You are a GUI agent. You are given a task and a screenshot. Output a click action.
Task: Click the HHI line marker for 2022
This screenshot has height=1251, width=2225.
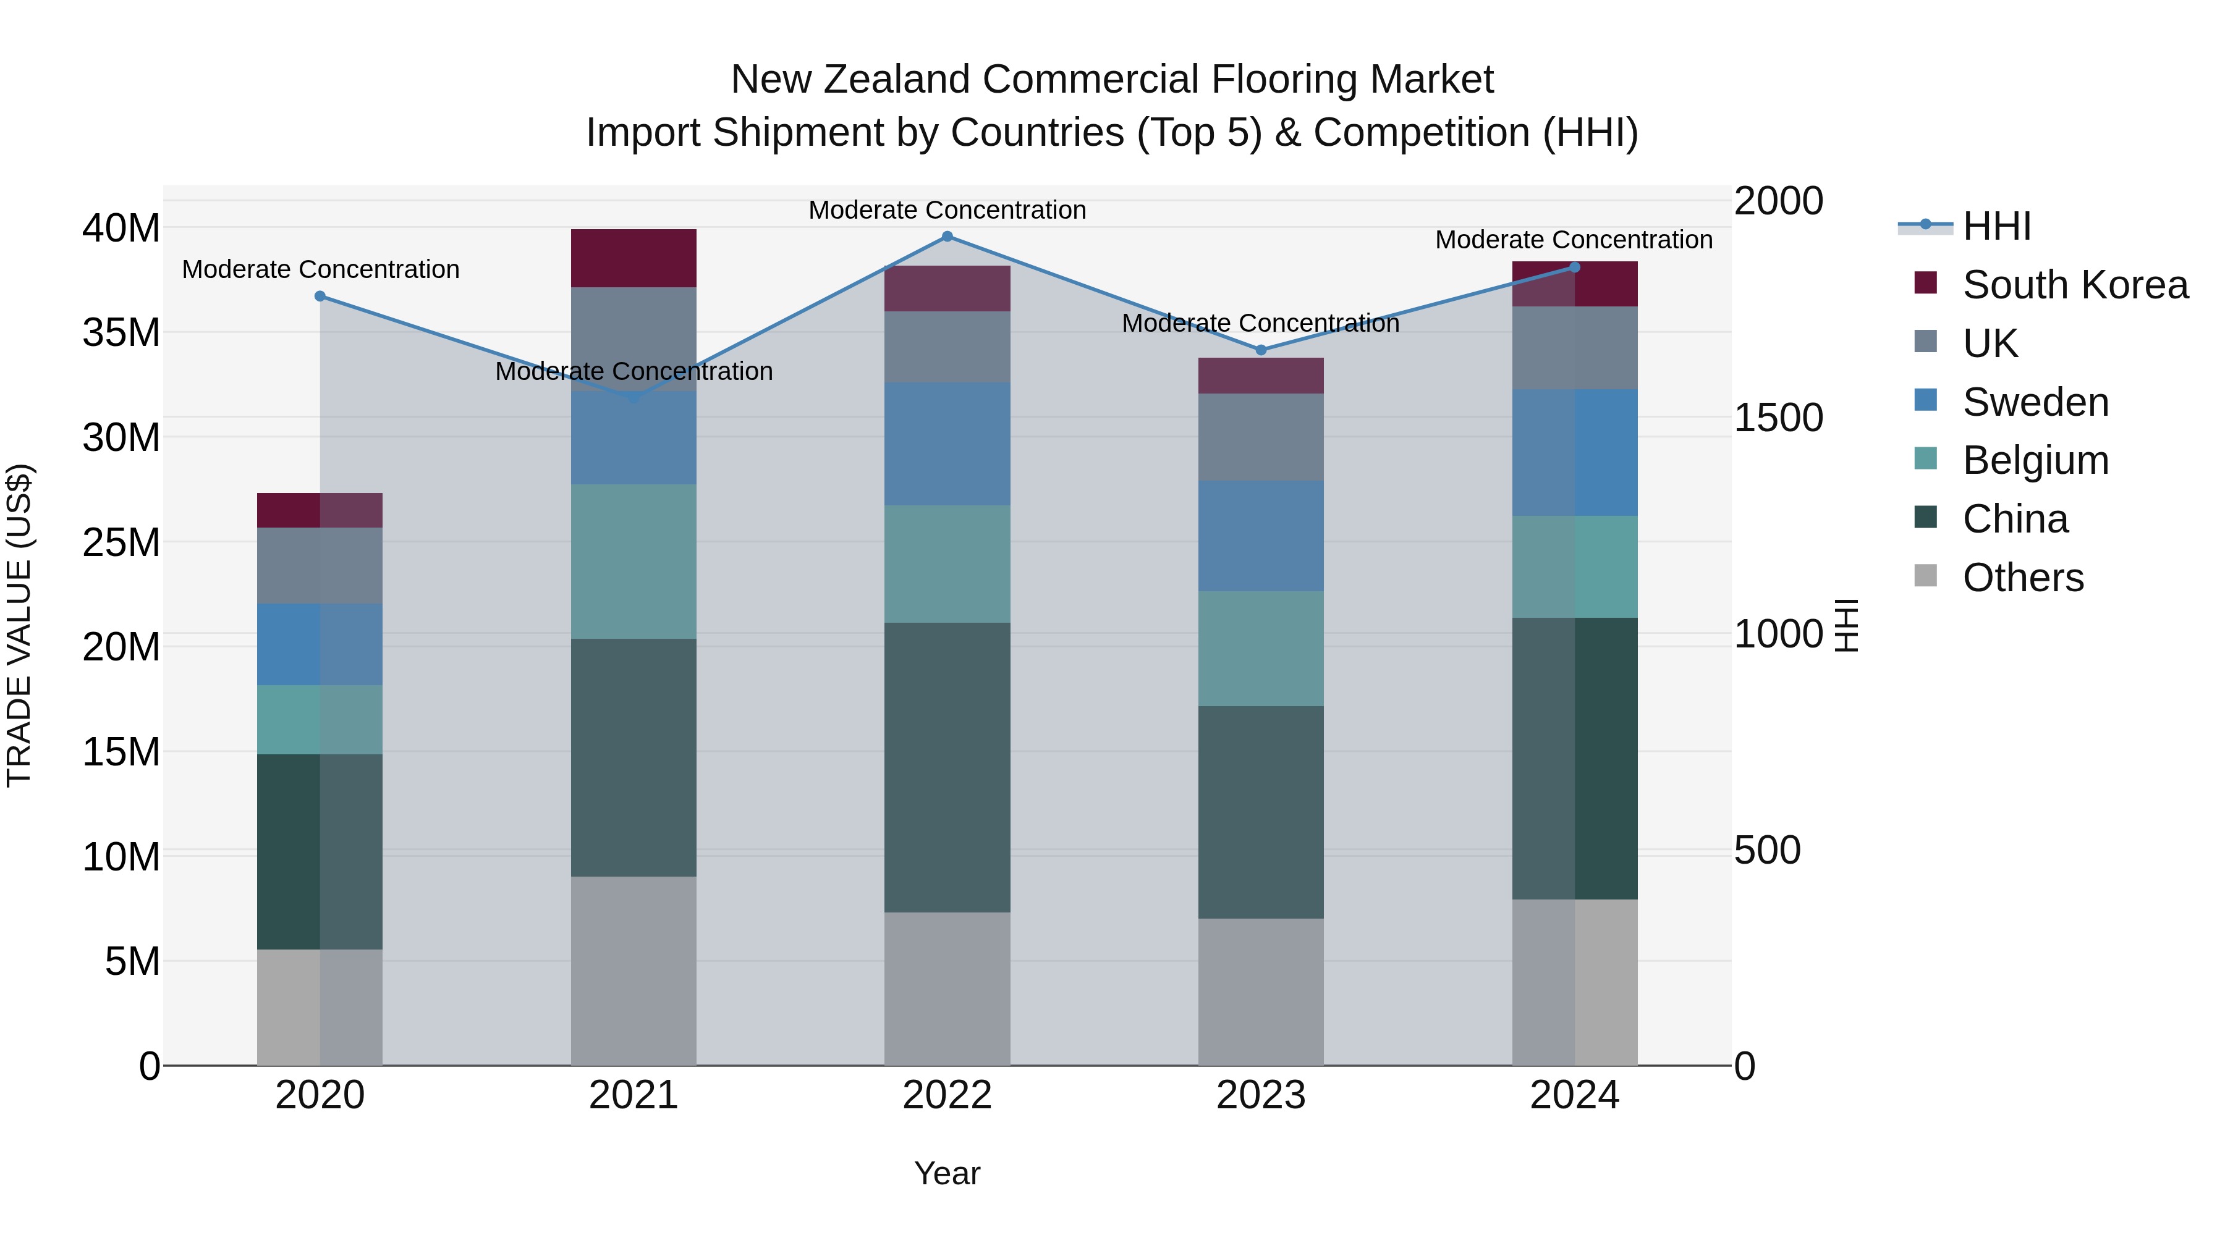click(x=947, y=237)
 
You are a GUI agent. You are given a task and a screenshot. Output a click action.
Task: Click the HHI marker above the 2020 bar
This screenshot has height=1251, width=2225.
click(x=320, y=296)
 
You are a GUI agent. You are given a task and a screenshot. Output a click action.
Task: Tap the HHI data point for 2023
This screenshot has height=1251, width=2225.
click(x=1260, y=350)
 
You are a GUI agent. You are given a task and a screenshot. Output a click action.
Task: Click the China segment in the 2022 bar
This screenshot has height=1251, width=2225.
click(x=947, y=767)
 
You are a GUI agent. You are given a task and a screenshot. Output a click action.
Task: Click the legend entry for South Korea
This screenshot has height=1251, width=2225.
click(x=2075, y=285)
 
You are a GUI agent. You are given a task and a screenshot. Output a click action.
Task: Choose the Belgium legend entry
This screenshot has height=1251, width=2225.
click(x=2035, y=460)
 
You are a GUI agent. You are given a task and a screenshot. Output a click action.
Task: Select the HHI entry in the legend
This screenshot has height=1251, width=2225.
click(x=1996, y=226)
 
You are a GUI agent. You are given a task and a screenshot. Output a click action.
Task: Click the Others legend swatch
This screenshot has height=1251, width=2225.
click(x=1925, y=576)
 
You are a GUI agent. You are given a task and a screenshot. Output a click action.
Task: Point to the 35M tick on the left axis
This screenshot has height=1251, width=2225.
click(x=121, y=332)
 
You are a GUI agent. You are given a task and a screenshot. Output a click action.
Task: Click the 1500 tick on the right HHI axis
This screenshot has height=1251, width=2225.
click(x=1778, y=418)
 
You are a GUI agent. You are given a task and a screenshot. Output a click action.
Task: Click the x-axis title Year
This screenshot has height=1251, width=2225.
click(x=947, y=1173)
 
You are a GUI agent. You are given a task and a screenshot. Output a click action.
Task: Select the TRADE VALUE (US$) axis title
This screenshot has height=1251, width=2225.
click(x=19, y=625)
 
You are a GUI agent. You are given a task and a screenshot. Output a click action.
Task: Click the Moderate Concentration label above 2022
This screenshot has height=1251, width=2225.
click(x=947, y=210)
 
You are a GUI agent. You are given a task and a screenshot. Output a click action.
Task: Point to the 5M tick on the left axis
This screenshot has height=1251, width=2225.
click(x=132, y=961)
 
